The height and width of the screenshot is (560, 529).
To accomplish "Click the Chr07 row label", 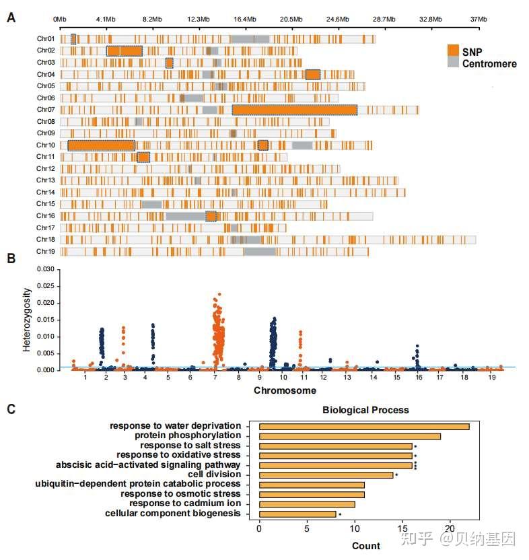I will (x=46, y=110).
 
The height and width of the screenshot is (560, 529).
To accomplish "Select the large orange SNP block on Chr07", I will (x=294, y=110).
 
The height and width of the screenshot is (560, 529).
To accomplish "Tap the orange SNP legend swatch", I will (x=453, y=50).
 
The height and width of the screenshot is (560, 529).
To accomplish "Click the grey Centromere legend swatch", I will (x=453, y=62).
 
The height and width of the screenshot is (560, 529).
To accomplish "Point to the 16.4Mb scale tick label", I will (x=246, y=20).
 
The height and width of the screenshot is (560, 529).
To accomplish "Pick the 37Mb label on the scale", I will (x=478, y=20).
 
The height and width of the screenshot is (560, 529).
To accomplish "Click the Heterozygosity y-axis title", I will (x=28, y=320).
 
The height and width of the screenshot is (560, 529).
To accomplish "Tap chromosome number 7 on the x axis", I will (x=215, y=379).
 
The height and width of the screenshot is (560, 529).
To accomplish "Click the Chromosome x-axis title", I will (x=281, y=391).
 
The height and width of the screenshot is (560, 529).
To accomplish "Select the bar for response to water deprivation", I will (x=363, y=426).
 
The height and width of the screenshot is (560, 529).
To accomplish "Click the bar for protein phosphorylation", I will (x=349, y=436).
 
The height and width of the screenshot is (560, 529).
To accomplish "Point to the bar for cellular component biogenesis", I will (x=297, y=514).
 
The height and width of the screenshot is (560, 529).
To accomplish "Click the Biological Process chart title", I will (x=365, y=410).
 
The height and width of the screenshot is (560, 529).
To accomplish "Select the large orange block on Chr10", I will (x=102, y=145).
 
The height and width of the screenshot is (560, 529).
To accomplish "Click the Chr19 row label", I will (x=46, y=252).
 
